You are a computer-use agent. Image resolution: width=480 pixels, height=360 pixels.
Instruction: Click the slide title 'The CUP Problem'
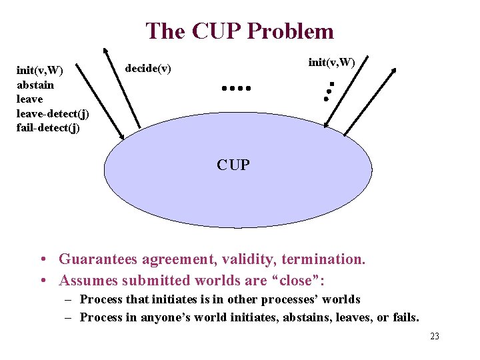tap(239, 31)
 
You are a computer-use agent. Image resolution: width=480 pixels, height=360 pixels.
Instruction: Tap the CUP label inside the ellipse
tap(233, 165)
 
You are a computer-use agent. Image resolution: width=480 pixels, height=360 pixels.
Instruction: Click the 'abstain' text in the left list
tap(35, 85)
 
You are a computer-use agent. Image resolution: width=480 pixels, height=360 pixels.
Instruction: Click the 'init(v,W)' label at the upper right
tap(331, 62)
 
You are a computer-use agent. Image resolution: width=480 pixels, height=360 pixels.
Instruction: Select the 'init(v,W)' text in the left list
tap(39, 71)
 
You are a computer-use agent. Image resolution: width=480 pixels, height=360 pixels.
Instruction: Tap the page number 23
tap(435, 337)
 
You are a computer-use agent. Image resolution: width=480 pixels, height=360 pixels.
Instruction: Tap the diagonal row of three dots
tap(328, 91)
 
